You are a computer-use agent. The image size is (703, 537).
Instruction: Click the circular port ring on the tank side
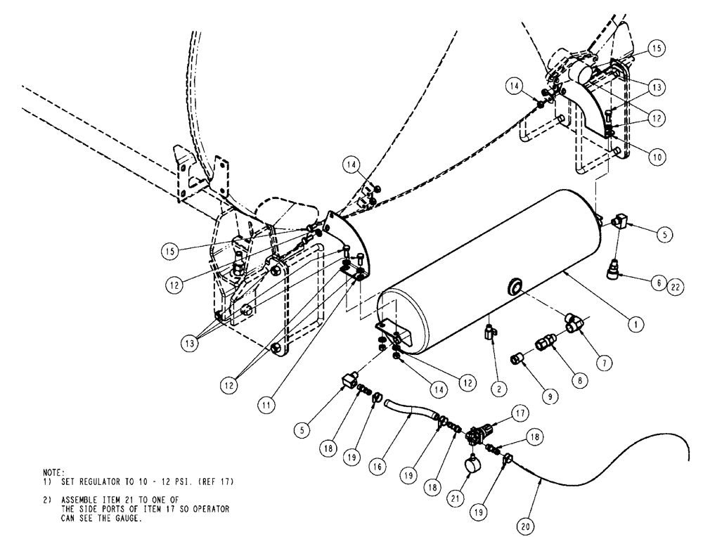pyautogui.click(x=515, y=285)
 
